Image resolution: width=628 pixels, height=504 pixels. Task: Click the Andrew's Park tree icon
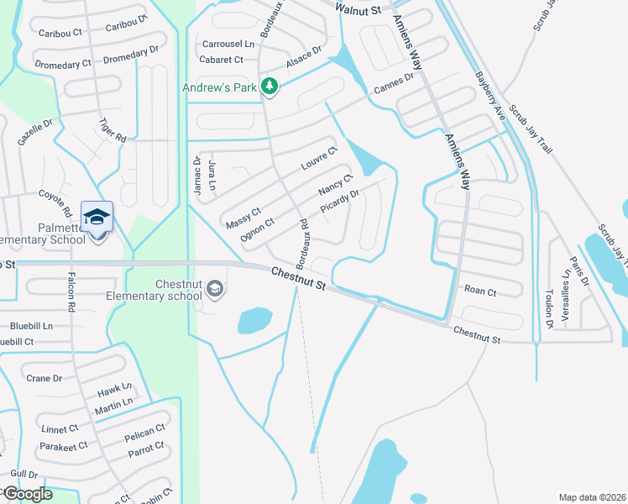click(x=270, y=86)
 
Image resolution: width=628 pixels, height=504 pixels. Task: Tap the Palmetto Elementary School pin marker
click(x=97, y=218)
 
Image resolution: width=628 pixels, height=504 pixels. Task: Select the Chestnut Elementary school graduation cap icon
click(x=216, y=290)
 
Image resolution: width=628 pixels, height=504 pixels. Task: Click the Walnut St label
click(x=358, y=8)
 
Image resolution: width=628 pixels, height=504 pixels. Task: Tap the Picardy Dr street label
click(x=342, y=204)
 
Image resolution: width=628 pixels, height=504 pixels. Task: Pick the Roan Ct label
click(x=480, y=291)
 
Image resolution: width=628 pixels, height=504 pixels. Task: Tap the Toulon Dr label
click(x=549, y=308)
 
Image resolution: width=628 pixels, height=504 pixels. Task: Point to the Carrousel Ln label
click(x=226, y=44)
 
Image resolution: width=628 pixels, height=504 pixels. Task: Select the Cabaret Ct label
click(x=221, y=60)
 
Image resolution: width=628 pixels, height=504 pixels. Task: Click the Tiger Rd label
click(x=112, y=130)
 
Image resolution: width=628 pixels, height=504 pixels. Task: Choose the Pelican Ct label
click(x=144, y=434)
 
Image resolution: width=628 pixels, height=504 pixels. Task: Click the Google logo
click(x=27, y=494)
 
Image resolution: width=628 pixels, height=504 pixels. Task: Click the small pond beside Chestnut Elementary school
click(x=254, y=320)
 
